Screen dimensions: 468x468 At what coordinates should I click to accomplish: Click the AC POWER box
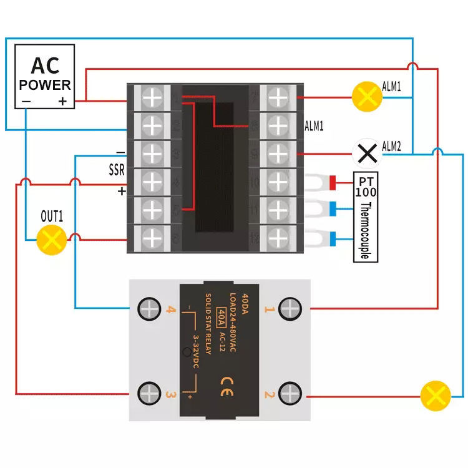pyautogui.click(x=44, y=76)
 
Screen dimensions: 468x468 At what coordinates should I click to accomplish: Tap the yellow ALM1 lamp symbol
pyautogui.click(x=366, y=97)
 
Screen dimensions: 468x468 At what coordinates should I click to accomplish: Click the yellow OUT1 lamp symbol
pyautogui.click(x=52, y=239)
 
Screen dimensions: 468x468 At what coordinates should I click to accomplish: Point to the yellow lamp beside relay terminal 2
pyautogui.click(x=435, y=396)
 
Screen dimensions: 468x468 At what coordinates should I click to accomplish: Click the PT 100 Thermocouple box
pyautogui.click(x=366, y=217)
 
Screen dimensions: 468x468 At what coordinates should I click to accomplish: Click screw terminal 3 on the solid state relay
pyautogui.click(x=150, y=394)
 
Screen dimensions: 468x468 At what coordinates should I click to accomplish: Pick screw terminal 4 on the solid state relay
pyautogui.click(x=150, y=308)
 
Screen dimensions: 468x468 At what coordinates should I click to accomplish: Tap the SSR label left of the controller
pyautogui.click(x=117, y=170)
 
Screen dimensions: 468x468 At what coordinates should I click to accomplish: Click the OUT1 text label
pyautogui.click(x=52, y=217)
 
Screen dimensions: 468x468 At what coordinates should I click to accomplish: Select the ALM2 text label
pyautogui.click(x=391, y=147)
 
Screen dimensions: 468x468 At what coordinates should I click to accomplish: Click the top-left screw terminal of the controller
pyautogui.click(x=152, y=97)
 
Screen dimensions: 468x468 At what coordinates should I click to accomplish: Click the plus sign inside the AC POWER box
pyautogui.click(x=63, y=101)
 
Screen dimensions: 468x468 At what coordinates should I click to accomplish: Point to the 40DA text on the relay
pyautogui.click(x=245, y=305)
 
